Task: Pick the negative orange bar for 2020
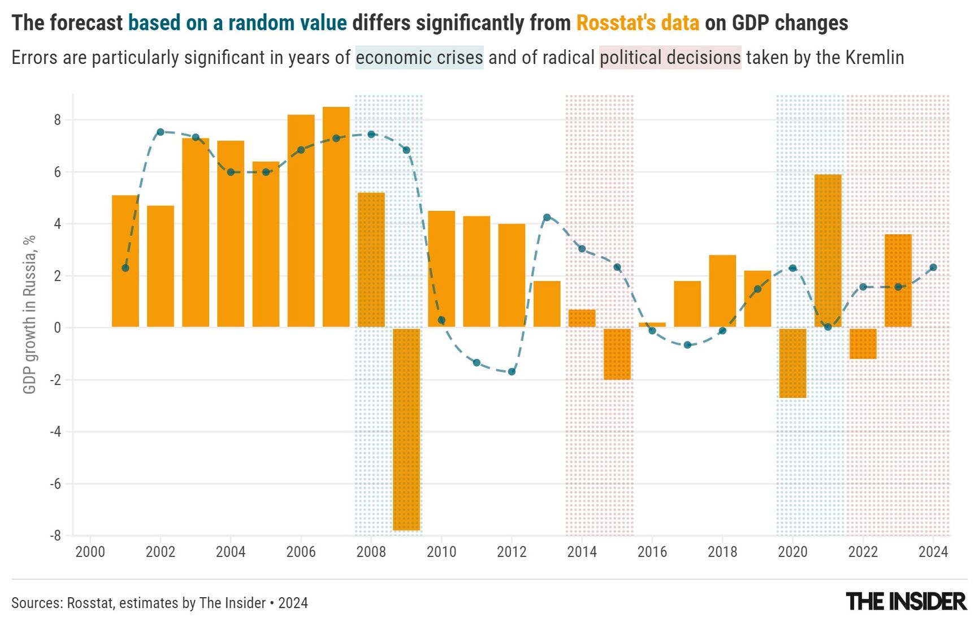click(792, 362)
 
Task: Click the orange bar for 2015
click(617, 353)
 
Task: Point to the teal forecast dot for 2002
click(161, 132)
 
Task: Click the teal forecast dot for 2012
click(512, 372)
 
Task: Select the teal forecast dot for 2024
click(933, 267)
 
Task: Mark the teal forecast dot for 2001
click(125, 268)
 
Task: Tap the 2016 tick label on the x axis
click(652, 552)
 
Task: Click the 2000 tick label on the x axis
click(90, 552)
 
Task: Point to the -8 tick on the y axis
click(55, 536)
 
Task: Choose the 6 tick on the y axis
click(58, 172)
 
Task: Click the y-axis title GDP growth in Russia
click(29, 314)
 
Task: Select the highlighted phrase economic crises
click(419, 58)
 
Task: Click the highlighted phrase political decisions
click(670, 58)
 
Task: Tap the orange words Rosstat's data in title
click(638, 23)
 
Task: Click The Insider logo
click(906, 602)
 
